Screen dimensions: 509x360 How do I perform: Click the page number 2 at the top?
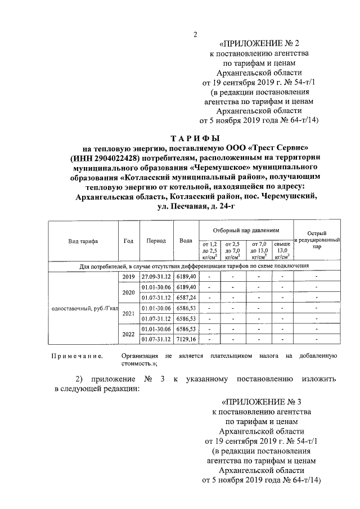[x=195, y=35]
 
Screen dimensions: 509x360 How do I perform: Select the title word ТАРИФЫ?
[x=195, y=137]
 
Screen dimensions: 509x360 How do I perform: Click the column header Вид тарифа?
[x=83, y=241]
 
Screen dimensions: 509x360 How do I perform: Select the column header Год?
[x=128, y=241]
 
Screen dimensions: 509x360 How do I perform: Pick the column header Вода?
[x=186, y=241]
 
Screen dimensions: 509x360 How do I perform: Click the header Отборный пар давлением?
[x=246, y=231]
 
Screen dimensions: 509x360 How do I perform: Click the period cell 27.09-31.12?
[x=156, y=277]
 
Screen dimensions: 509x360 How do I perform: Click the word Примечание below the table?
[x=76, y=356]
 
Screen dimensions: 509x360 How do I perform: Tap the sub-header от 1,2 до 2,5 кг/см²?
[x=209, y=248]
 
